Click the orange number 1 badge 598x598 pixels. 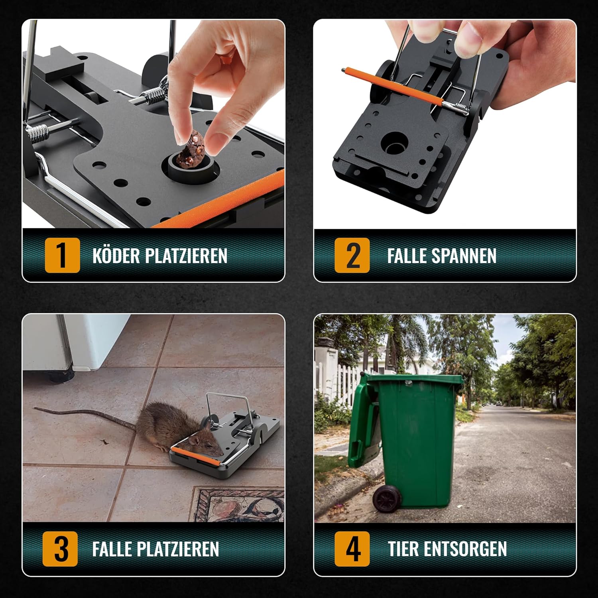click(62, 256)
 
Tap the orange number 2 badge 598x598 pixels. click(352, 256)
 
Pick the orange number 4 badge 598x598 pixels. click(352, 549)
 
